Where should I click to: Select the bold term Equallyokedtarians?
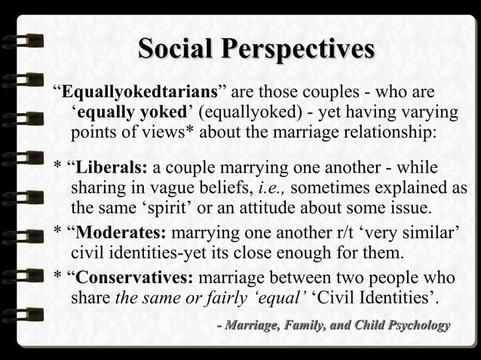139,93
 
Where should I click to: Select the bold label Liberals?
112,167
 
